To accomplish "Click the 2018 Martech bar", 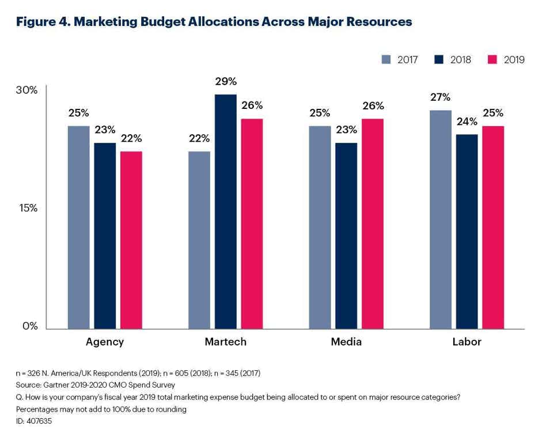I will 225,211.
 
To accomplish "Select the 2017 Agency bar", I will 79,227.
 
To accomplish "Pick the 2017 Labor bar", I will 441,219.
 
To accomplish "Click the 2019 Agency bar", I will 131,240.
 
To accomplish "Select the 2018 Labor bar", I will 467,232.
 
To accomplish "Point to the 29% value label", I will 226,82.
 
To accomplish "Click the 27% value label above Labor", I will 441,97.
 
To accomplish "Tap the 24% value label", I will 467,122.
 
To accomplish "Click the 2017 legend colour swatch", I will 386,59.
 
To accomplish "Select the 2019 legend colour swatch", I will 492,59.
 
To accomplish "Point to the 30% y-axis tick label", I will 26,90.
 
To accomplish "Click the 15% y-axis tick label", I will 26,208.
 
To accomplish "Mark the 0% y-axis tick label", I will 30,326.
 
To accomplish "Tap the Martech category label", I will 225,342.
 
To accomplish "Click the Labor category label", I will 467,342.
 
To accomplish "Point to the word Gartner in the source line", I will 57,385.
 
